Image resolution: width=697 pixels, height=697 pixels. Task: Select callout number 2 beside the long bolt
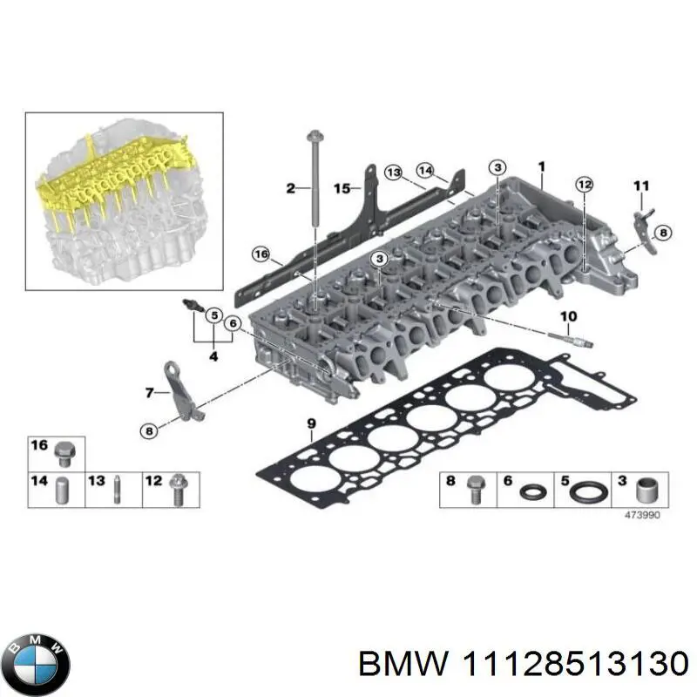[291, 187]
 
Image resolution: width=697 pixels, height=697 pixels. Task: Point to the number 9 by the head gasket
[311, 424]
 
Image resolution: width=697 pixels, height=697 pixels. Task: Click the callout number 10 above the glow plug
[568, 315]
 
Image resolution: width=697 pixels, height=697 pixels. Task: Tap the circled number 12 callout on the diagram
[584, 184]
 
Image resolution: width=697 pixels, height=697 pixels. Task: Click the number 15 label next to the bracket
[342, 187]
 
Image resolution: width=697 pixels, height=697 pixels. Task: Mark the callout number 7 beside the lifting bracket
[149, 393]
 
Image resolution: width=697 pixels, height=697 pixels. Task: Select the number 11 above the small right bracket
[641, 185]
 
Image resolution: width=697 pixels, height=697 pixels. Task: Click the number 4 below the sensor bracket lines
[213, 355]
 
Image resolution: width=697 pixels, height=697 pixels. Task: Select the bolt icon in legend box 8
[475, 489]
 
